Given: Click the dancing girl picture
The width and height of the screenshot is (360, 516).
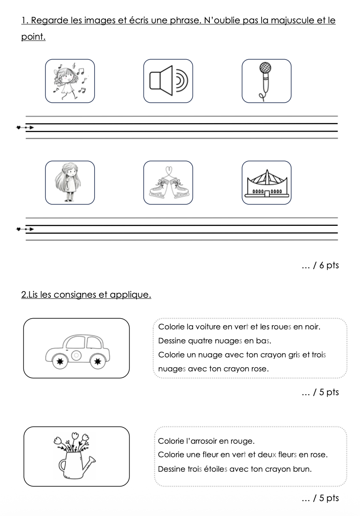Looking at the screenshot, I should (69, 81).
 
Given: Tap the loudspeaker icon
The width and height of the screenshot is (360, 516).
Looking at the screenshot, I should (168, 81).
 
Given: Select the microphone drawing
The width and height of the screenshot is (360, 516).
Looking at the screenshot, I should (266, 81).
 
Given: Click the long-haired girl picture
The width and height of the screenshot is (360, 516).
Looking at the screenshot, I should (69, 182).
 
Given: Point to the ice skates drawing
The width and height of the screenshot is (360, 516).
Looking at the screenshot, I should (168, 182).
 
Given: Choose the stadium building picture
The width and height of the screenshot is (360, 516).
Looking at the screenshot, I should (266, 182).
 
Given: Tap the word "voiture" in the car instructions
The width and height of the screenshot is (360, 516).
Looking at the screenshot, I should (209, 327).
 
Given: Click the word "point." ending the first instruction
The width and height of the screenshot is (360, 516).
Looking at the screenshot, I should (33, 37).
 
